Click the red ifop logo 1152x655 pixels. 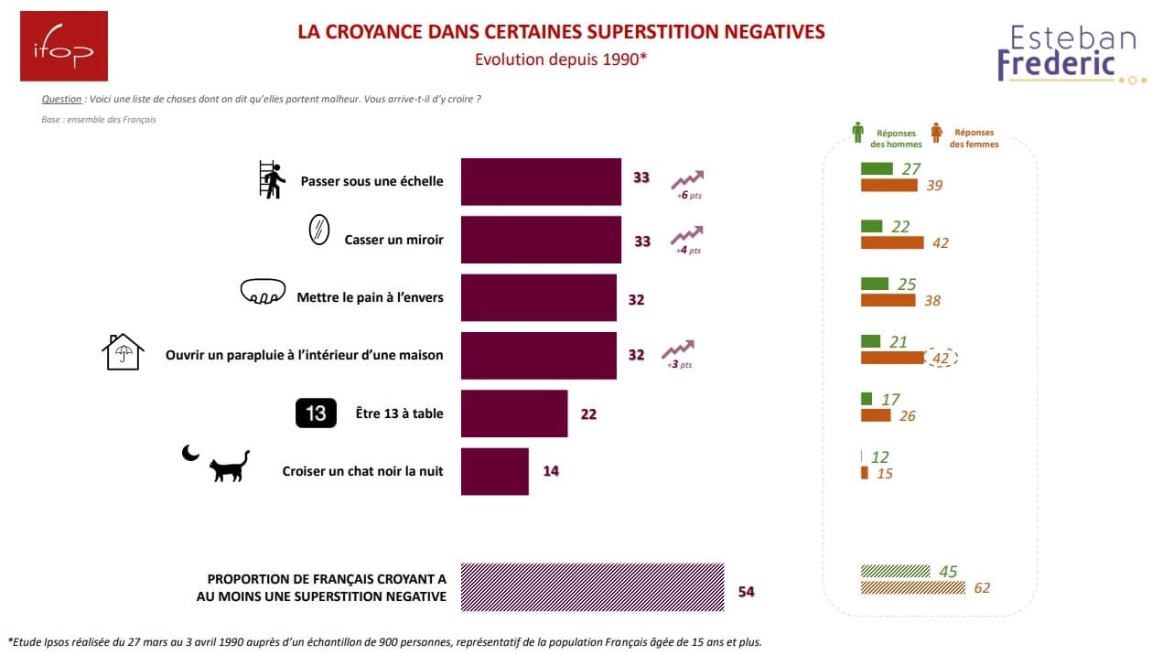pyautogui.click(x=64, y=47)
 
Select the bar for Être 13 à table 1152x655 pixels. pyautogui.click(x=514, y=413)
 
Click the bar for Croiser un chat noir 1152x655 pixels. pyautogui.click(x=495, y=471)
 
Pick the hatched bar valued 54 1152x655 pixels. pyautogui.click(x=592, y=587)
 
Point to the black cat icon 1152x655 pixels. pyautogui.click(x=230, y=467)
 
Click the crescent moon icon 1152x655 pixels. pyautogui.click(x=190, y=453)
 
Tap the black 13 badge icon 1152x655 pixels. pyautogui.click(x=316, y=413)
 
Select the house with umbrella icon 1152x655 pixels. pyautogui.click(x=123, y=352)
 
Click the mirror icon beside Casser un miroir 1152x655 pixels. pyautogui.click(x=318, y=230)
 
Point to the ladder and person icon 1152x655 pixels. pyautogui.click(x=272, y=179)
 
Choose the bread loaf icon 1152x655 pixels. pyautogui.click(x=263, y=291)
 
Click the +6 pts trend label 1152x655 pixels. pyautogui.click(x=689, y=196)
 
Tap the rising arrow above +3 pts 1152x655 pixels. pyautogui.click(x=678, y=349)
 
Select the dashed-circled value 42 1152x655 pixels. pyautogui.click(x=942, y=358)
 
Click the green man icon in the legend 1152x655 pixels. pyautogui.click(x=857, y=133)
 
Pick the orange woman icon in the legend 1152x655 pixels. pyautogui.click(x=936, y=133)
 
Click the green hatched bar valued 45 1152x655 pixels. pyautogui.click(x=896, y=571)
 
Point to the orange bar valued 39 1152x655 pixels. pyautogui.click(x=889, y=185)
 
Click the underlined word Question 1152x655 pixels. pyautogui.click(x=61, y=99)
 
